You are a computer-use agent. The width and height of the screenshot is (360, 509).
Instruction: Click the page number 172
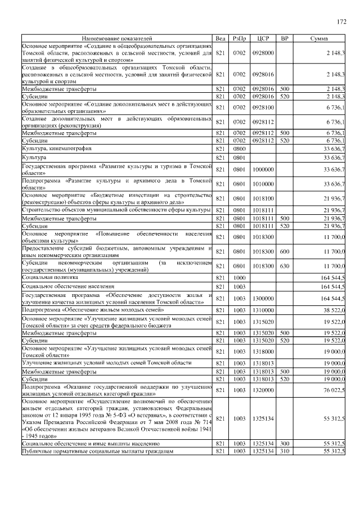pos(341,22)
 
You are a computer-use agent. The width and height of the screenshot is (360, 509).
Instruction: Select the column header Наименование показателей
pos(116,38)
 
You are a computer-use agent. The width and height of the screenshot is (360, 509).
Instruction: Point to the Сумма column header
pos(320,38)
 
